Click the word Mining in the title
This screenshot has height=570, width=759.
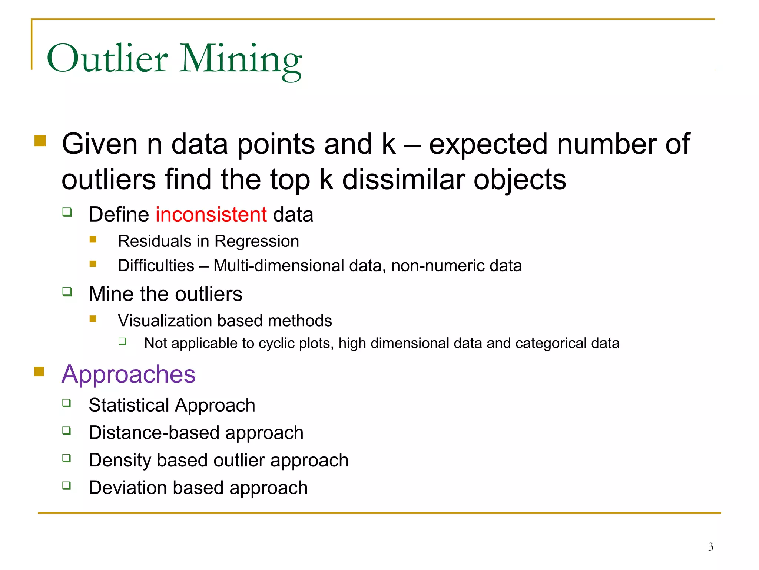coord(241,59)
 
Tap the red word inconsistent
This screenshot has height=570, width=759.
coord(211,214)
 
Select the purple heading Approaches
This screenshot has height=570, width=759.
coord(128,374)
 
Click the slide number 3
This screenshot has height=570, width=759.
coord(710,547)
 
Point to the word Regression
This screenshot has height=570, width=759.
coord(256,241)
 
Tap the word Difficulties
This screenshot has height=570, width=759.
coord(156,266)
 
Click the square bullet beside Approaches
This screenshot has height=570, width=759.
coord(39,371)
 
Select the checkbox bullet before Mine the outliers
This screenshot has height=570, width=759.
coord(67,291)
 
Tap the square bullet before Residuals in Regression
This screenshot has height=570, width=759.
coord(93,239)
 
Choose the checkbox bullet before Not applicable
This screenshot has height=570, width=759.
coord(123,341)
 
